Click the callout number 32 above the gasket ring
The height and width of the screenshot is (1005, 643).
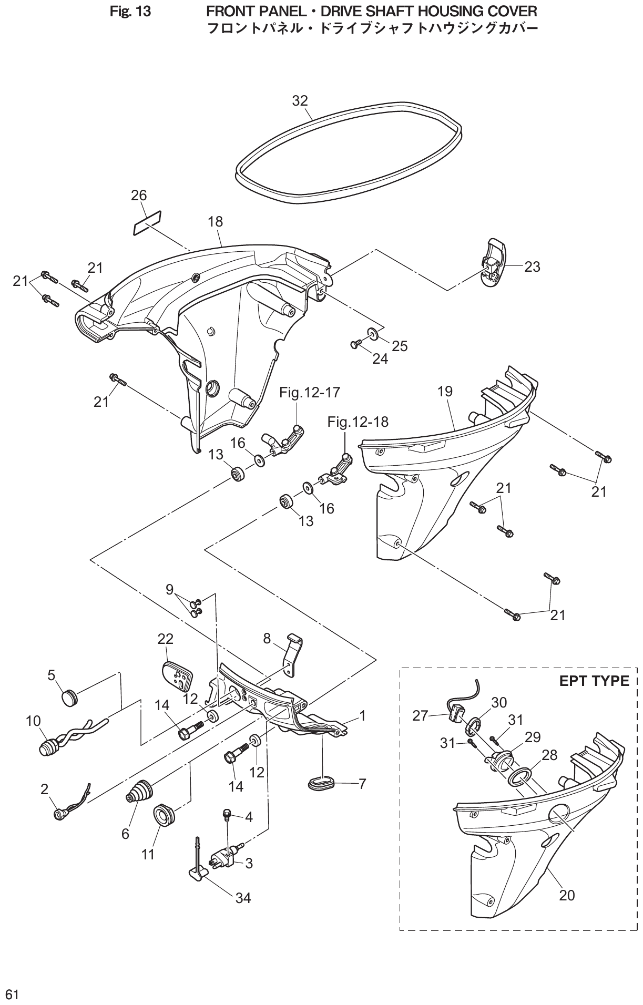click(300, 101)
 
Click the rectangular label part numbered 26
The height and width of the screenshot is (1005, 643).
click(147, 223)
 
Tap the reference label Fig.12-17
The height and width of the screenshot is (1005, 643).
click(310, 392)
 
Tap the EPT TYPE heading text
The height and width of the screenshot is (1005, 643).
click(594, 681)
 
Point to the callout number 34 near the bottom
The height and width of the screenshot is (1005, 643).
click(243, 898)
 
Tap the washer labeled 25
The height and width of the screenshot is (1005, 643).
click(373, 333)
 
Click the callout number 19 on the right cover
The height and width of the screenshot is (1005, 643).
click(444, 391)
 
